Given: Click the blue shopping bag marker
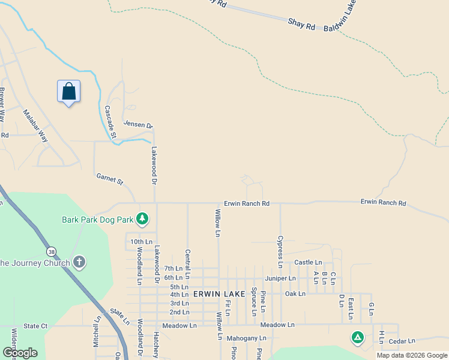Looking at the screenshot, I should coord(69,92).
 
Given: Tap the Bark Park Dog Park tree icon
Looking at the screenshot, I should coord(142,219).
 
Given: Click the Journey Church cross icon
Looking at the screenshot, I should coord(79,262).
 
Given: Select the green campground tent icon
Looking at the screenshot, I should coord(357,337).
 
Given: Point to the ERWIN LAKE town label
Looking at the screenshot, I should coord(219,294).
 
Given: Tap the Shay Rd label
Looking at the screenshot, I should coord(301,25).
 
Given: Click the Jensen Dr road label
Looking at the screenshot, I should coord(138,124).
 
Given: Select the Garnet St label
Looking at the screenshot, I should coord(109,179).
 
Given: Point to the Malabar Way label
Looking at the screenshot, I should coord(35,125).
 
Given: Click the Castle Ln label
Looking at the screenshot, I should coord(308,263).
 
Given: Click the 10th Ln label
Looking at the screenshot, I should coord(142,242).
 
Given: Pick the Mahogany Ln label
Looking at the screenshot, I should coord(246,338).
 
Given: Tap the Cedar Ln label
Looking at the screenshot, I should coord(402,341).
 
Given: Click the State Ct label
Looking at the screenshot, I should coord(35,326).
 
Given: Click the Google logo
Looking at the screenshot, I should coord(20,353).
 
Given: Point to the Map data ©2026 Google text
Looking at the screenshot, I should coord(412,355).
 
